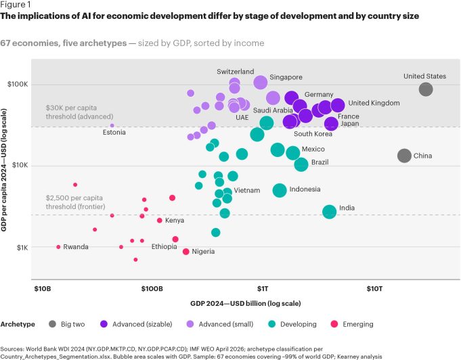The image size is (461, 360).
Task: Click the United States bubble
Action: (x=426, y=89)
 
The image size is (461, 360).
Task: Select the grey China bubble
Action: (x=404, y=156)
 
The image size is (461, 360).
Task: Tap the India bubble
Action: (x=329, y=212)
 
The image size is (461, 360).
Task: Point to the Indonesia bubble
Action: (x=280, y=190)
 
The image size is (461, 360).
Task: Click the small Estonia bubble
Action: (x=112, y=125)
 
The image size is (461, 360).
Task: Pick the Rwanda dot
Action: (x=58, y=247)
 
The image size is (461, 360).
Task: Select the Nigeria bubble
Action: (x=185, y=252)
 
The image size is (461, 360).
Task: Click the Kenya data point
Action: (x=159, y=221)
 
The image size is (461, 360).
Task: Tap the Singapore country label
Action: (x=286, y=77)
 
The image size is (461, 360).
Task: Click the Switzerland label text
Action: (x=235, y=72)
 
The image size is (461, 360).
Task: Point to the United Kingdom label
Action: (x=374, y=103)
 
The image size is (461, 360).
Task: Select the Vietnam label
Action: (x=247, y=190)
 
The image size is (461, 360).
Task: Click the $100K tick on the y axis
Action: (x=18, y=85)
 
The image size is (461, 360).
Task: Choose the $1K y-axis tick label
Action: (x=22, y=248)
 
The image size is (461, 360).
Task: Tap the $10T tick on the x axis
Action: (x=374, y=289)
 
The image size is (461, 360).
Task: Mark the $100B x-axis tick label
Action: (x=152, y=289)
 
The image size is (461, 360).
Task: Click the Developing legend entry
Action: (x=292, y=324)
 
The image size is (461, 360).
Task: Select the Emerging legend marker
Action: (x=334, y=324)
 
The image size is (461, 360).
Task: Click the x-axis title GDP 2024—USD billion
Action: (x=246, y=303)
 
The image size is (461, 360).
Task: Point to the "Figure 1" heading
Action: (x=16, y=5)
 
